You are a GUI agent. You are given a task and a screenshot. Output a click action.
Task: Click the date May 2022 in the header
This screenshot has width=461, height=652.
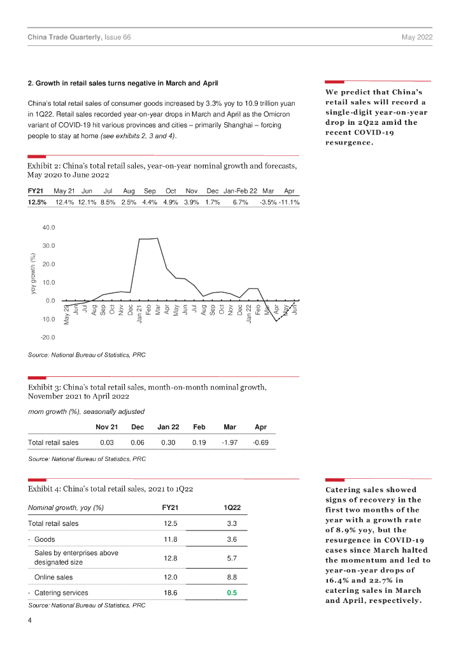pos(417,38)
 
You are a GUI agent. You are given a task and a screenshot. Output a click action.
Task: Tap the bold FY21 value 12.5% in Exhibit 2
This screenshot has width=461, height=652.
pos(37,202)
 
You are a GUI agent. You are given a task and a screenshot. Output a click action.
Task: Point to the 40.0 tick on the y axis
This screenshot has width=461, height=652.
pos(48,227)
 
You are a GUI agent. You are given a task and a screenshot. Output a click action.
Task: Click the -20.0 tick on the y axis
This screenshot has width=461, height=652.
pos(48,337)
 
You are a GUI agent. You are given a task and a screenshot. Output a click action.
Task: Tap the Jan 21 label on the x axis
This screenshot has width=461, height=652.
pos(139,314)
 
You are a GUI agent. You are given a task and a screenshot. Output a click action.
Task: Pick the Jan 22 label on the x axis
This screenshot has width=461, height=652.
pos(248,314)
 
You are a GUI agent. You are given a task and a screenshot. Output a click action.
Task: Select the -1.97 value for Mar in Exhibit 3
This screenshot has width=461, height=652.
pos(230,442)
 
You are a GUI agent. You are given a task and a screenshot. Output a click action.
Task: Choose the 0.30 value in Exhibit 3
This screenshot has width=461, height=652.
pos(167,442)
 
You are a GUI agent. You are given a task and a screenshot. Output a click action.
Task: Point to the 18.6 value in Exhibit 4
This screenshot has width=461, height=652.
pos(171,593)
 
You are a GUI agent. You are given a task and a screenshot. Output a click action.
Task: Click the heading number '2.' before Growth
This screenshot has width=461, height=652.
pos(30,83)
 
